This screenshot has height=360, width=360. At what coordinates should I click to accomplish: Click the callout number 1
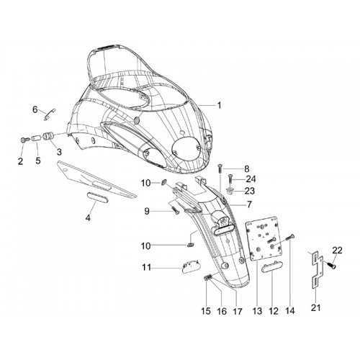219,105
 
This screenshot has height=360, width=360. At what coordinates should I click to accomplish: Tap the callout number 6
35,110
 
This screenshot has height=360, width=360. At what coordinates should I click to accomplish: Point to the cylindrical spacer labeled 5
36,138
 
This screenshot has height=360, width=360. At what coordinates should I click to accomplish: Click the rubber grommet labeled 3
48,136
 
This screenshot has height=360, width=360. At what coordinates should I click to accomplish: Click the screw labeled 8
220,168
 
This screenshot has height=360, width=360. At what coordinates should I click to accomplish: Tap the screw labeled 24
230,179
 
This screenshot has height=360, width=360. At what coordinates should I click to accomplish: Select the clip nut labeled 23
230,192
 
